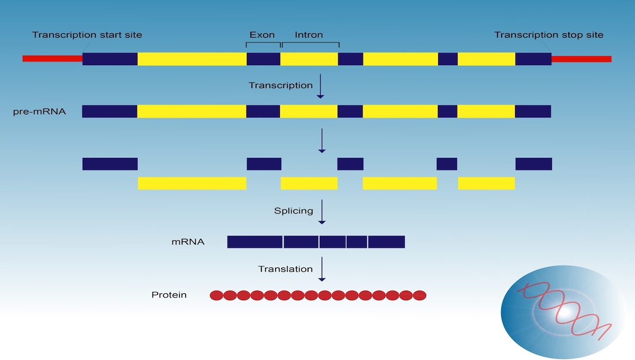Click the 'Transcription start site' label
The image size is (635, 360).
tap(87, 35)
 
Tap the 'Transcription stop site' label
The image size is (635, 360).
tap(549, 35)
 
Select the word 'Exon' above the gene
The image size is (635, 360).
tap(262, 35)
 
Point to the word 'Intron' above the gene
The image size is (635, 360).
tap(309, 35)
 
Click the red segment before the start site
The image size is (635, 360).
tap(52, 58)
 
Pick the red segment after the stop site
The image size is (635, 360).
tap(582, 59)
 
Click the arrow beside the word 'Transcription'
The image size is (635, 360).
tap(320, 86)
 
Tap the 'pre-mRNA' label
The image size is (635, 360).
tap(39, 112)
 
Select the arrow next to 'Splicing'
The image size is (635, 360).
tap(322, 212)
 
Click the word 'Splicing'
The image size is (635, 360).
tap(293, 211)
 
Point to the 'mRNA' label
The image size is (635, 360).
tap(188, 242)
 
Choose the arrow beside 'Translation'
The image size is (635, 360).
tap(322, 269)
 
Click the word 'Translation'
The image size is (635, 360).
tap(285, 269)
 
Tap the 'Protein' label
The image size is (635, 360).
tap(169, 295)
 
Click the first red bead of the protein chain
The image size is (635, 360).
tap(216, 295)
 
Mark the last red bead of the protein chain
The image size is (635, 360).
tap(420, 295)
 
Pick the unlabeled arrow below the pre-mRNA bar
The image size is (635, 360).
tap(322, 141)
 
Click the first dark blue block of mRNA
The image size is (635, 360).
tap(255, 242)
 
